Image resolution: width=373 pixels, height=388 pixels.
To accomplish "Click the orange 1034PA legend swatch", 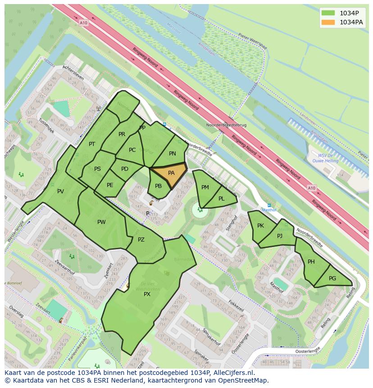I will (x=328, y=22).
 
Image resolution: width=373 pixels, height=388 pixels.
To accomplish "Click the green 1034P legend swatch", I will (x=328, y=13).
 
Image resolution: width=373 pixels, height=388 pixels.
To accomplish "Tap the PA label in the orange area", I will (x=171, y=173).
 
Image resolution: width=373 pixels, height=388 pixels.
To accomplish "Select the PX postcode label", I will (x=147, y=294).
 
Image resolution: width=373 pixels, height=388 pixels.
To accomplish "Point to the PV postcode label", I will (x=60, y=192).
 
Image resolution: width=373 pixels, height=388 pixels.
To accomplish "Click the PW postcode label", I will (x=101, y=222).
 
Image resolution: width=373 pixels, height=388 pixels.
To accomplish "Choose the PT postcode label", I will (x=92, y=144).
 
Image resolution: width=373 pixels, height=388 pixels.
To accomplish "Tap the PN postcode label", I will (x=173, y=154).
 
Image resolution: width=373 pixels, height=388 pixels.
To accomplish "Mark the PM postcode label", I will (x=205, y=187).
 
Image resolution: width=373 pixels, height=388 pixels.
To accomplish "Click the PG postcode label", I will (x=332, y=278).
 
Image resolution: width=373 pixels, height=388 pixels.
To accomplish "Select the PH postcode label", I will (x=311, y=262).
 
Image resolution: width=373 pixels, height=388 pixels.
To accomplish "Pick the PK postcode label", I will (x=260, y=225).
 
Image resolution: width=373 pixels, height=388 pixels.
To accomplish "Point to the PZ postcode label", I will (x=141, y=240).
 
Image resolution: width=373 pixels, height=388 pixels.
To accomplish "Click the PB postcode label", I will (x=158, y=186).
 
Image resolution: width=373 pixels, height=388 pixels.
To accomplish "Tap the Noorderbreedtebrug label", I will (x=226, y=125).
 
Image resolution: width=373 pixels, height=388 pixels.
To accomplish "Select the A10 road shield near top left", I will (x=83, y=23).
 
